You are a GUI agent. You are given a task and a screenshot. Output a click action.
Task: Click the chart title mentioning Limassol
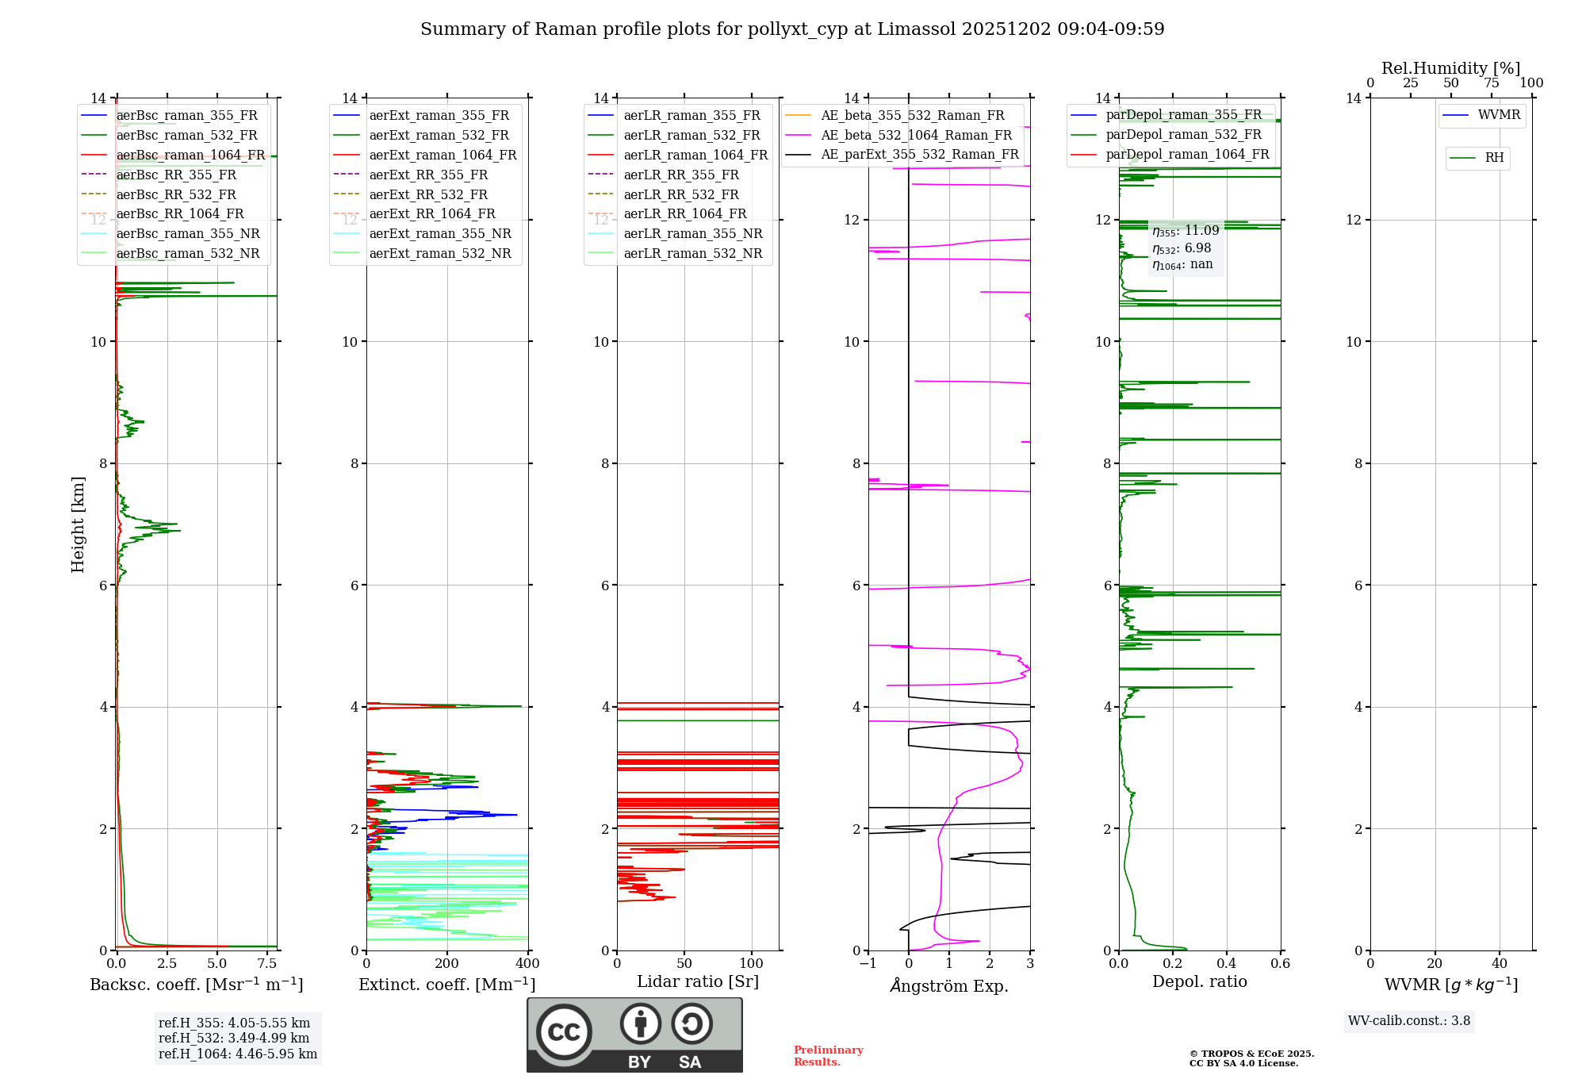[792, 29]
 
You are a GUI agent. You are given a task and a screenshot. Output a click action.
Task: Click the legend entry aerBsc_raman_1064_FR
[190, 155]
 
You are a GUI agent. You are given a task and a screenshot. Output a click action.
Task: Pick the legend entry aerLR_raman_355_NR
[692, 233]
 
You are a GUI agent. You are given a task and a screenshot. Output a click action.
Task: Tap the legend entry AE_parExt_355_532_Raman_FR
[919, 154]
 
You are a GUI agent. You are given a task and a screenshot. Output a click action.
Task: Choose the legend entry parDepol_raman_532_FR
[1183, 134]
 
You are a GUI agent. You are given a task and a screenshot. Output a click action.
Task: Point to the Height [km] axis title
[78, 524]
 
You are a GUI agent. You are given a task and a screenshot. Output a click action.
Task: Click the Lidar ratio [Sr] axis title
[698, 981]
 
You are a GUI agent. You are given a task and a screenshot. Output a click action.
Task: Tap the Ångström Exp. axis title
[949, 985]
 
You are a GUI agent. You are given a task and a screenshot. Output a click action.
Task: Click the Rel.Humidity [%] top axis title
[1450, 68]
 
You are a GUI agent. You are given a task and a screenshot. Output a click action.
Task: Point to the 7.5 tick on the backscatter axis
[267, 964]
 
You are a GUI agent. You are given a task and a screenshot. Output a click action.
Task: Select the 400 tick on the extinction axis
[527, 964]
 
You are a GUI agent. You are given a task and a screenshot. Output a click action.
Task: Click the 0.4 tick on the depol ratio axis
[1227, 964]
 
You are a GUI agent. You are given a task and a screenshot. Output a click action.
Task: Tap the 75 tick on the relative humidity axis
[1492, 83]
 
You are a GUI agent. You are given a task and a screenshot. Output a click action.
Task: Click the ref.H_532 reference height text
[234, 1038]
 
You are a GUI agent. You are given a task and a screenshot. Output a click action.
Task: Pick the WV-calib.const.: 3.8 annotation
[1409, 1020]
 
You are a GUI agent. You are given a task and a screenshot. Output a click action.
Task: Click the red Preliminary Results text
[828, 1056]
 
